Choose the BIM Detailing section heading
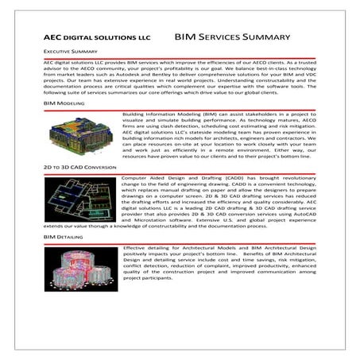(x=64, y=238)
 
